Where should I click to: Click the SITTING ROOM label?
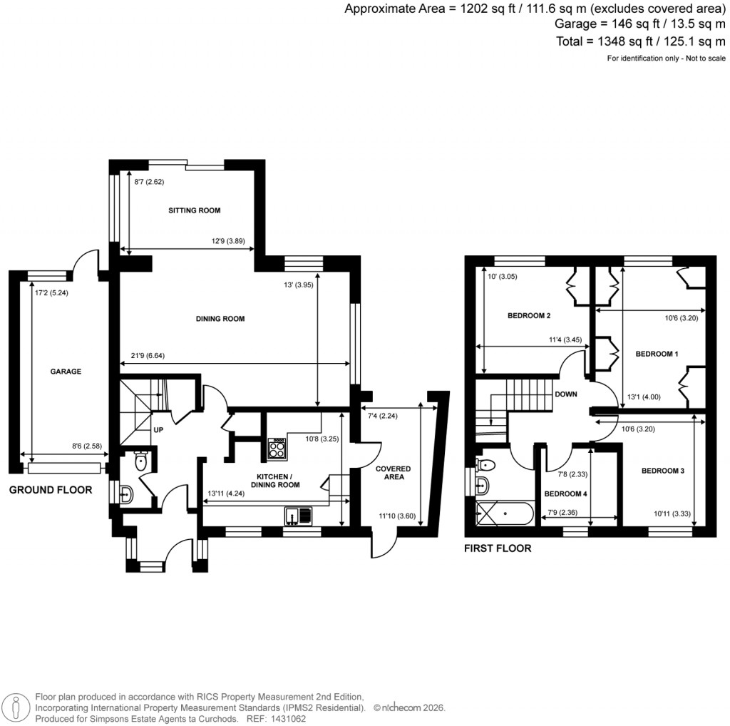coord(194,210)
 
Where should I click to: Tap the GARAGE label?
coord(66,372)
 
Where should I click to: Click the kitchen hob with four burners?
coord(277,449)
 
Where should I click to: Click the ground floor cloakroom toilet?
coord(140,461)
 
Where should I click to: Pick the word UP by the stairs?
coord(159,430)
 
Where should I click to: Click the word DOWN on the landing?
coord(565,394)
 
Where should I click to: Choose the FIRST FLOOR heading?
coord(498,548)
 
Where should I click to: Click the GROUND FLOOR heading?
coord(51,490)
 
